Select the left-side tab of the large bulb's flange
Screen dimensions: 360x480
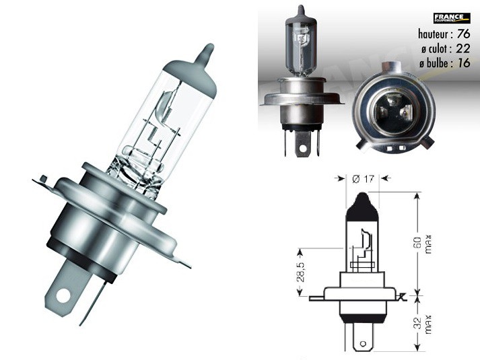point(42,180)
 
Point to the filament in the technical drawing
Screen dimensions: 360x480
point(366,249)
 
